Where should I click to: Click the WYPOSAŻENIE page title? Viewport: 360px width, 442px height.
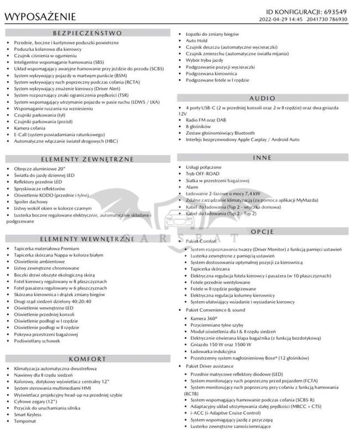coord(41,17)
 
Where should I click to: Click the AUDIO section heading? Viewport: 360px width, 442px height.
coord(262,97)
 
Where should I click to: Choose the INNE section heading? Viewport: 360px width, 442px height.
coord(262,157)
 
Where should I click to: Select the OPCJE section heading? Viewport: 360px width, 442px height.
coord(262,231)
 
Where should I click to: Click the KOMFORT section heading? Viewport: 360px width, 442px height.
coord(87,359)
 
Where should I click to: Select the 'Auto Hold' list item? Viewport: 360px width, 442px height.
coord(197,41)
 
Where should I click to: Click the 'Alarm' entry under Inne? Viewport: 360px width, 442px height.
coord(192,187)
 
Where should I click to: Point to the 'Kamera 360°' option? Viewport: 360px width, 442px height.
coord(204,318)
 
